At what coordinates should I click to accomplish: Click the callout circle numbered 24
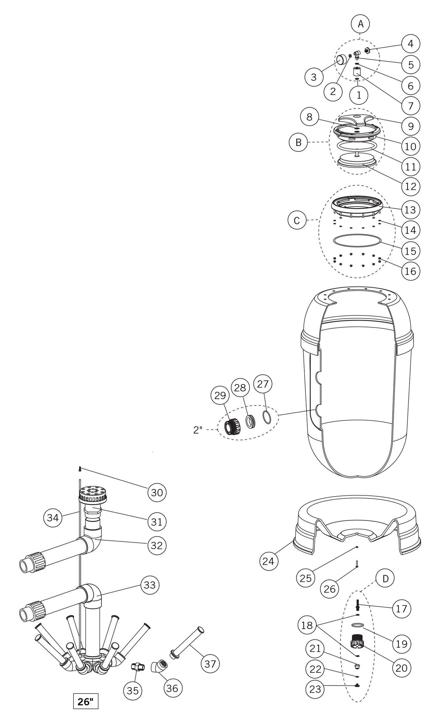coord(269,561)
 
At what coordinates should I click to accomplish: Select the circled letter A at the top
coord(360,24)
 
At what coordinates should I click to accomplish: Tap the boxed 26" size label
coord(86,702)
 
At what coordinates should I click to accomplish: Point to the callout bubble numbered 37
coord(210,664)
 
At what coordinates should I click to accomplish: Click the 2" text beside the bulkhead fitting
coord(198,430)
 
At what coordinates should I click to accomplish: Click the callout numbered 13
coord(410,209)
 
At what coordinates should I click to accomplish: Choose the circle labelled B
coord(298,142)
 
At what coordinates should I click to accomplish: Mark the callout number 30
coord(157,493)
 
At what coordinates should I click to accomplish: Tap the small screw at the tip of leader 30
coord(79,469)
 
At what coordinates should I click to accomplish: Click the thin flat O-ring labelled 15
coord(357,240)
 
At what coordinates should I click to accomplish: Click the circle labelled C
coord(297,220)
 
